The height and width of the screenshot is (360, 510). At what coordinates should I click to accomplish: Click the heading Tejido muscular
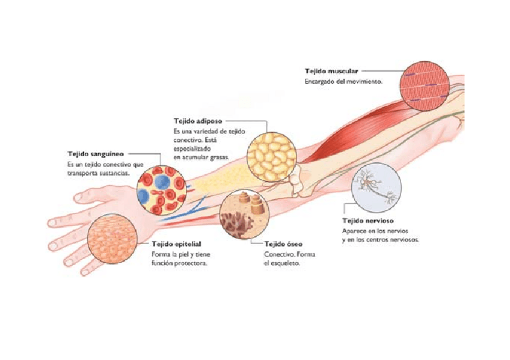[x=331, y=71]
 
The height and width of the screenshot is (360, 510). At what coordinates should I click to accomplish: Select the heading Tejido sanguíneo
[x=96, y=154]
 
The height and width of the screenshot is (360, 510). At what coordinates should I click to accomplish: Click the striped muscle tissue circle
[x=425, y=86]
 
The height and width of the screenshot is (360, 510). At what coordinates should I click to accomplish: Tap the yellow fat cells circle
[x=272, y=157]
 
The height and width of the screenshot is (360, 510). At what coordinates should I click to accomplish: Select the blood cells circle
[x=161, y=190]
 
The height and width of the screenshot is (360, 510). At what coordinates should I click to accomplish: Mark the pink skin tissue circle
[x=112, y=238]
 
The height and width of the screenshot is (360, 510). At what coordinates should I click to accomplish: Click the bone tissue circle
[x=244, y=215]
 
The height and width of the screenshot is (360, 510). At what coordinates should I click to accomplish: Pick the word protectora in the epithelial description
[x=192, y=263]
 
